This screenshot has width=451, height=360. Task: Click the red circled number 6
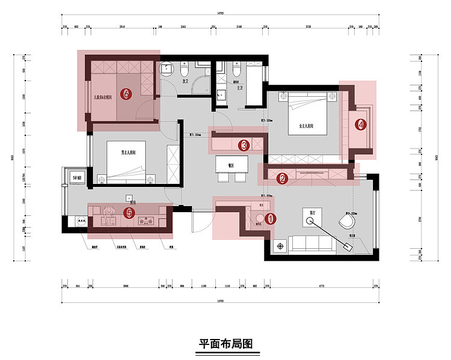click(126, 95)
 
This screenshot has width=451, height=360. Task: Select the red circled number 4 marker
click(360, 125)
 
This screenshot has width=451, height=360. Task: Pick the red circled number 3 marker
click(244, 145)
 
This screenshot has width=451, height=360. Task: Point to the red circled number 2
click(281, 178)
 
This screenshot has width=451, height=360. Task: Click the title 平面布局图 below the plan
click(226, 344)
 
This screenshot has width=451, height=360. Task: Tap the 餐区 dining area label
click(231, 164)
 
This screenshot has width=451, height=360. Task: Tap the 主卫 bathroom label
click(240, 88)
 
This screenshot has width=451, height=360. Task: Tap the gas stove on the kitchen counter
click(147, 220)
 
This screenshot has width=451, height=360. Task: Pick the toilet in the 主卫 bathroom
click(238, 71)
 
